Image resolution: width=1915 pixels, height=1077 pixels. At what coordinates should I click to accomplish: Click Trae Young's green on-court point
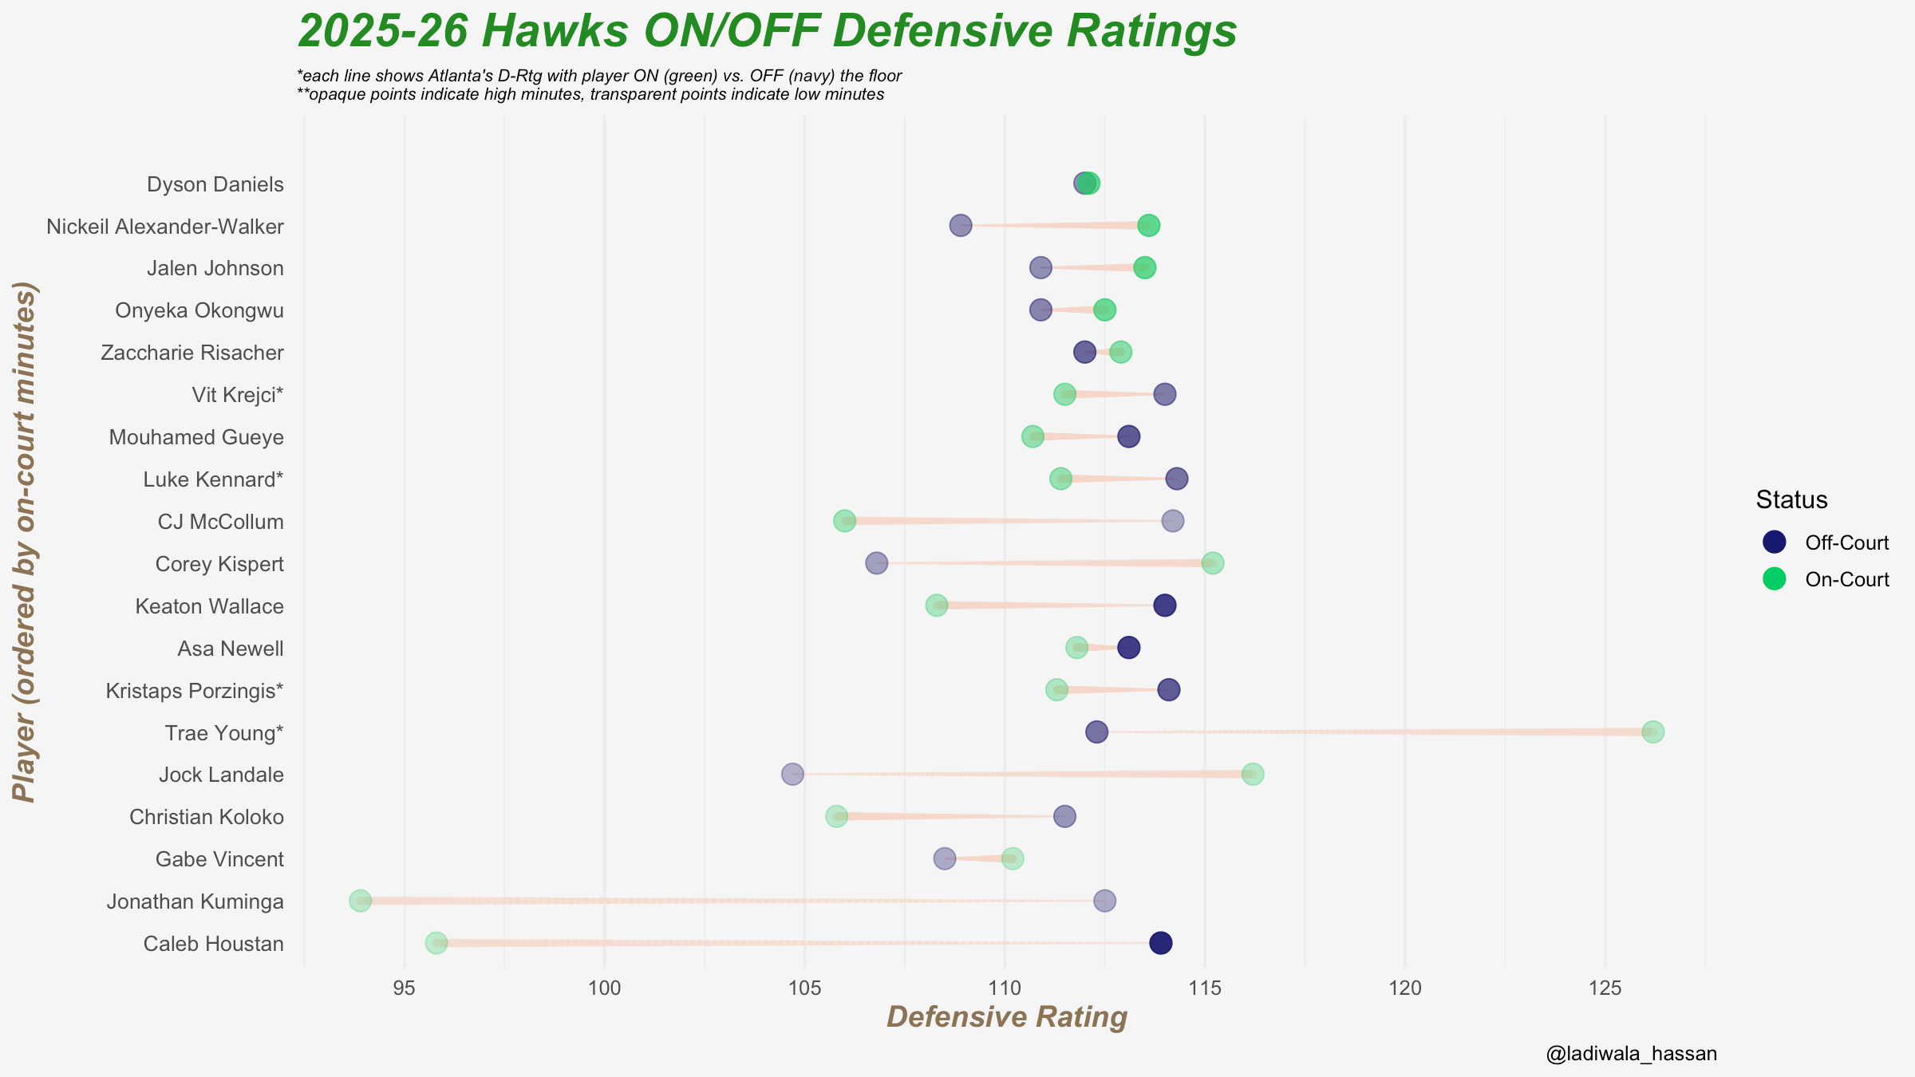click(x=1652, y=732)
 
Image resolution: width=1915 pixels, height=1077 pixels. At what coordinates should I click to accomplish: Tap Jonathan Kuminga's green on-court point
click(x=361, y=901)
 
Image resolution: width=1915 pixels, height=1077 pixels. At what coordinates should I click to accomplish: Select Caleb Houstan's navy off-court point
click(x=1161, y=943)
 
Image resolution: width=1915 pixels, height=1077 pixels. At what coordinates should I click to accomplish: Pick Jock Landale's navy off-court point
click(x=792, y=774)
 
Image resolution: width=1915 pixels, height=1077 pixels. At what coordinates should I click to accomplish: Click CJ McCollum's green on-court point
click(x=844, y=521)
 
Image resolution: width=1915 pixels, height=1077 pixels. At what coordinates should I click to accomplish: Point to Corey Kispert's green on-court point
click(x=1213, y=563)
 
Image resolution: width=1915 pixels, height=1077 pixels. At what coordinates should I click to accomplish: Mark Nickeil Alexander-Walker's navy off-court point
click(x=961, y=225)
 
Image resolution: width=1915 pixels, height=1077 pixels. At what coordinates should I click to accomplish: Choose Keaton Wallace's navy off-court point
click(x=1165, y=606)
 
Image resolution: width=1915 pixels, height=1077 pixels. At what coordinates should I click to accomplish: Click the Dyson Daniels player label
click(x=215, y=184)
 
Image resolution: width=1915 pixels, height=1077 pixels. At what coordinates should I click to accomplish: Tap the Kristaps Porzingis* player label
click(x=195, y=691)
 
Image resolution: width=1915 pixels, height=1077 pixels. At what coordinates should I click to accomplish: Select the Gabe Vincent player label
click(x=219, y=859)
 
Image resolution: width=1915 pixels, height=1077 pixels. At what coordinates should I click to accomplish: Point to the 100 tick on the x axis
click(x=605, y=988)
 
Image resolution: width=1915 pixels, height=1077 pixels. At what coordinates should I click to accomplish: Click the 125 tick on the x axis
click(x=1605, y=988)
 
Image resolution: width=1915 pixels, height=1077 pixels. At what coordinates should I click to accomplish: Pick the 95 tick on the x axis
click(x=405, y=988)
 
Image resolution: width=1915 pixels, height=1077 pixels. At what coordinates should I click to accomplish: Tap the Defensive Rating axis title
click(x=1007, y=1017)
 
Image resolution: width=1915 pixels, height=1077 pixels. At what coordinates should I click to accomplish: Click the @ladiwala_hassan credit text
click(x=1631, y=1054)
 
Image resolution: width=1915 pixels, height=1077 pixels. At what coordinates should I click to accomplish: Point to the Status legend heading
click(x=1791, y=500)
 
